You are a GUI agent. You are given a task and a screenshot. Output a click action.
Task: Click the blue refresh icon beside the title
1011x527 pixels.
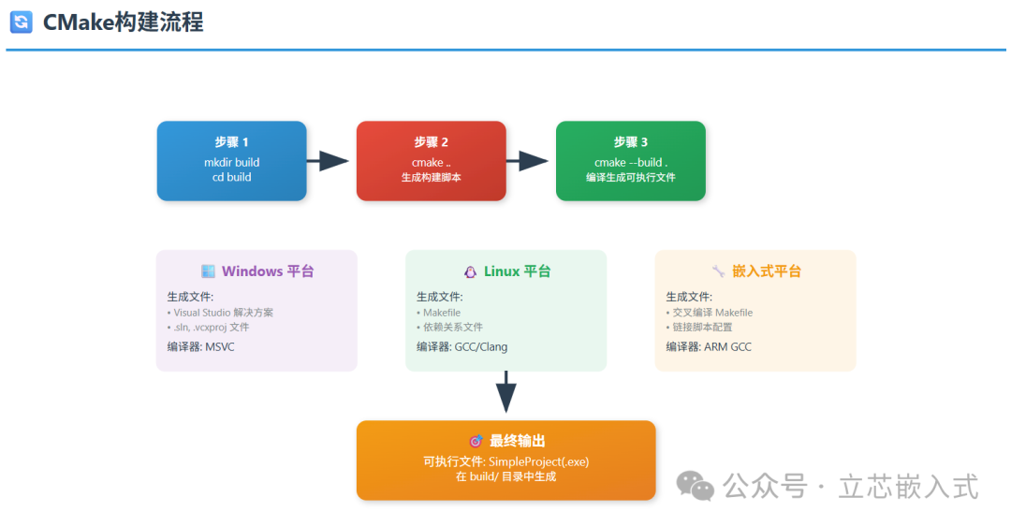coord(21,22)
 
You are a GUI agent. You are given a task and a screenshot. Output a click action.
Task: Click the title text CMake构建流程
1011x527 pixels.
coord(124,22)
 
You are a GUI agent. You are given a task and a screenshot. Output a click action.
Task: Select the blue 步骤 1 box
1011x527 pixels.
coord(232,161)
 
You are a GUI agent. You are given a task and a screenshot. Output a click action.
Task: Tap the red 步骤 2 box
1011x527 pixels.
coord(431,161)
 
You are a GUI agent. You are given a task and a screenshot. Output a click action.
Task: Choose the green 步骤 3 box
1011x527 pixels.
coord(630,161)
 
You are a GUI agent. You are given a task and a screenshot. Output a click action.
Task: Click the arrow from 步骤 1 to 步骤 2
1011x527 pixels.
coord(328,161)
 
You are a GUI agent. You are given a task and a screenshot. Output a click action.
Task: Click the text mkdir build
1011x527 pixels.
coord(232,162)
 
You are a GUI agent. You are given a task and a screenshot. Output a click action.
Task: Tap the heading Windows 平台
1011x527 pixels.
coord(267,271)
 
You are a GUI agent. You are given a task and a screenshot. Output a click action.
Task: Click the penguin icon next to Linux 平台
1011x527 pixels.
coord(471,271)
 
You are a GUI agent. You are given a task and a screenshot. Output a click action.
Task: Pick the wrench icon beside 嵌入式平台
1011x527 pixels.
coord(718,271)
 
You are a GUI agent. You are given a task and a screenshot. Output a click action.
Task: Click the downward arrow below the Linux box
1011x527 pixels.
coord(505,393)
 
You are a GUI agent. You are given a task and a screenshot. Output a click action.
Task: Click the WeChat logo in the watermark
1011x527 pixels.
coord(695,485)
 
